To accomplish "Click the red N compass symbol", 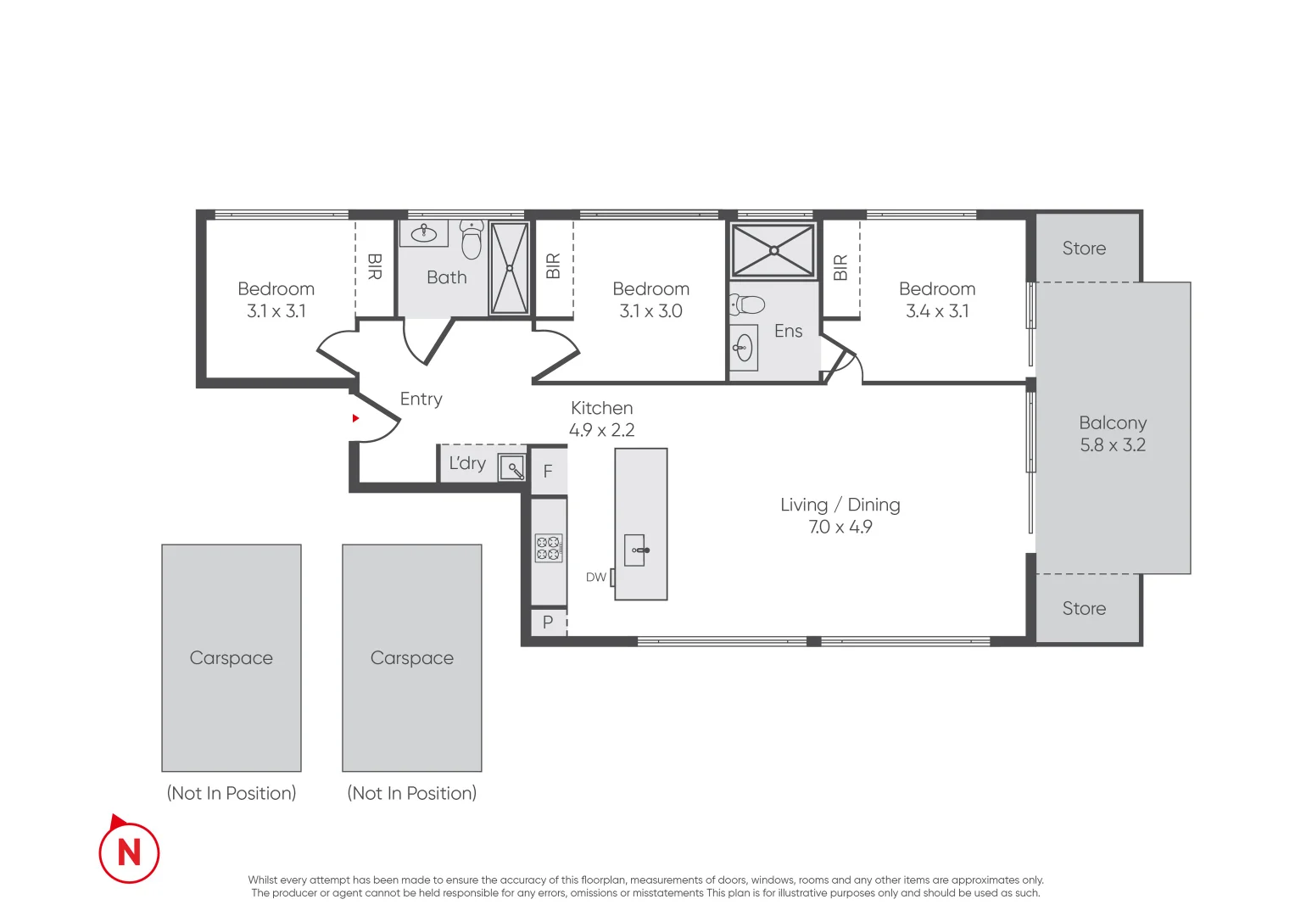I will coord(129,852).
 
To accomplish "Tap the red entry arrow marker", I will coord(355,418).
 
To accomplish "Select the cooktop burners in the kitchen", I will coord(549,549).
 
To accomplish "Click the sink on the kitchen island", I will coord(636,550).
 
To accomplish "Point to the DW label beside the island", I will coord(596,578).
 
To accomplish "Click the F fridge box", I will coord(548,472).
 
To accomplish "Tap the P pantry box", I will coord(548,623).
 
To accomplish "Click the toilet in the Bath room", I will coord(472,240).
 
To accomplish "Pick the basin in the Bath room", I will coord(424,233).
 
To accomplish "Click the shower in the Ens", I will coord(773,250).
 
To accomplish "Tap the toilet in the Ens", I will coord(747,304).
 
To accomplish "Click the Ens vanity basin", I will coord(744,347).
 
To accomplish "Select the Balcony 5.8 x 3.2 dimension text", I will coord(1112,445).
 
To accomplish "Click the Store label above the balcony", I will coord(1084,249).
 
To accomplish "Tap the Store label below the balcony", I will coord(1084,609).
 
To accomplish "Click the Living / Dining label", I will coord(840,505).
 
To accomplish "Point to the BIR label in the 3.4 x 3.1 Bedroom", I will coord(840,268).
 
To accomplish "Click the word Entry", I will coord(421,399).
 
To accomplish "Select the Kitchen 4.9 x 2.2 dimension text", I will coord(601,430).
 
